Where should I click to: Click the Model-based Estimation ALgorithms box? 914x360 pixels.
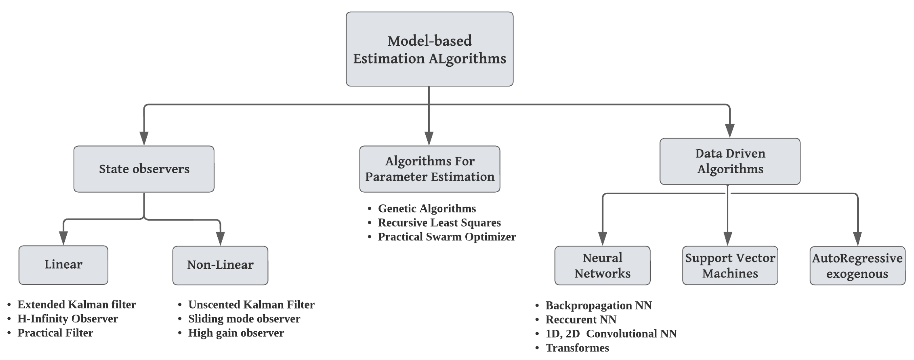tap(429, 49)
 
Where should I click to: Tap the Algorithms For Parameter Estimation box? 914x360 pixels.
tap(429, 169)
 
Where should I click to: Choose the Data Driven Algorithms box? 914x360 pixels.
tap(730, 161)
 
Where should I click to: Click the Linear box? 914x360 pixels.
tap(63, 265)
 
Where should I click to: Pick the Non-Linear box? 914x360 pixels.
tap(220, 265)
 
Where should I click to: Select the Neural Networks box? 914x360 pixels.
tap(602, 265)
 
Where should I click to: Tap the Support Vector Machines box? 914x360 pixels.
tap(730, 265)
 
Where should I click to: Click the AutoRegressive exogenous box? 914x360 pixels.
tap(857, 266)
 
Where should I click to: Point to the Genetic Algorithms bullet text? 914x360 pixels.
tap(427, 209)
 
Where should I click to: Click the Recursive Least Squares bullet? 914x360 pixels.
tap(439, 223)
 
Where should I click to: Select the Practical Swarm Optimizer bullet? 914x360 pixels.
tap(447, 237)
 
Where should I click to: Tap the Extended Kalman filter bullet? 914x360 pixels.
tap(77, 305)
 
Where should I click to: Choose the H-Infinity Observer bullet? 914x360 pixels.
tap(68, 319)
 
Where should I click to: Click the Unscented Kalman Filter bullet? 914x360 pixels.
tap(251, 305)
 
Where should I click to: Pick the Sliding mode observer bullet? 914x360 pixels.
tap(244, 319)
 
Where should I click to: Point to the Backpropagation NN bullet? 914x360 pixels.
tap(598, 305)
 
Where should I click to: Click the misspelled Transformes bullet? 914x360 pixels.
tap(577, 348)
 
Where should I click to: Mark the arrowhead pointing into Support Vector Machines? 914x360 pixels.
tap(728, 239)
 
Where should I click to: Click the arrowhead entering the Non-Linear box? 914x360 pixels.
tap(220, 238)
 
